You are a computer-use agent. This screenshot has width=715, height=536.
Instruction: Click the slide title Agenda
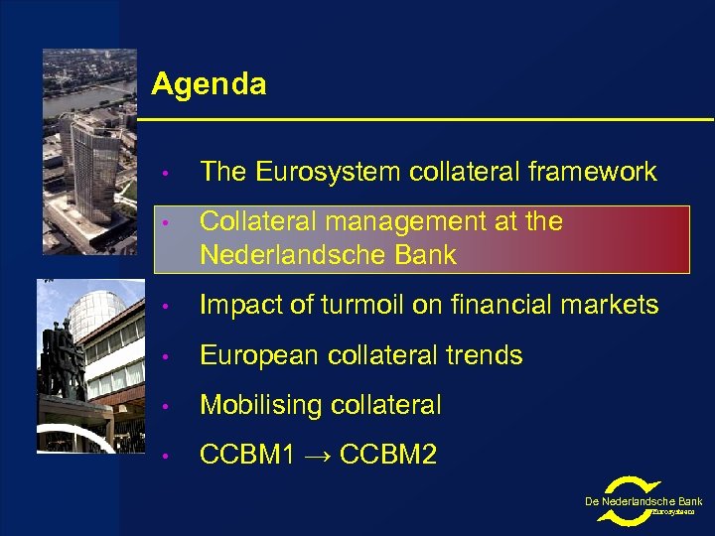(209, 84)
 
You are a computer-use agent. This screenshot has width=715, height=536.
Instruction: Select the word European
(260, 355)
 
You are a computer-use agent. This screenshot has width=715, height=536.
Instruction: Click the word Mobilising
(260, 405)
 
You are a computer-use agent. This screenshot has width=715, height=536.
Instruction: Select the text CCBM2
(387, 456)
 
